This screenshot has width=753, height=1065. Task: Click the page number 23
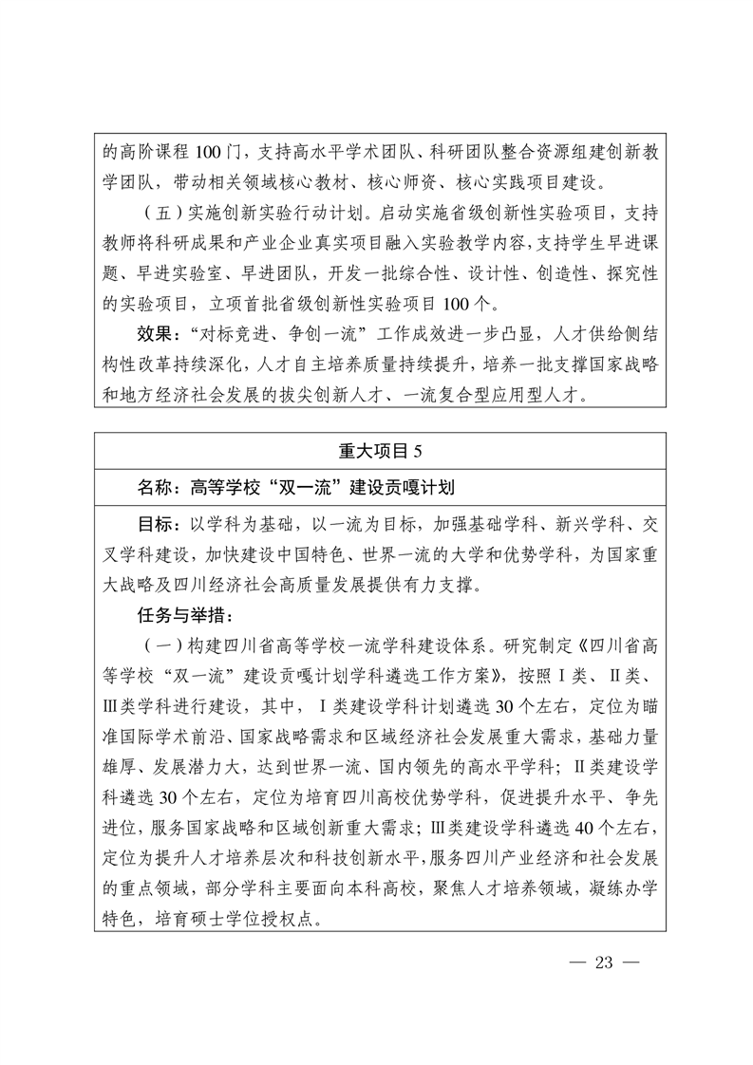coord(605,962)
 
